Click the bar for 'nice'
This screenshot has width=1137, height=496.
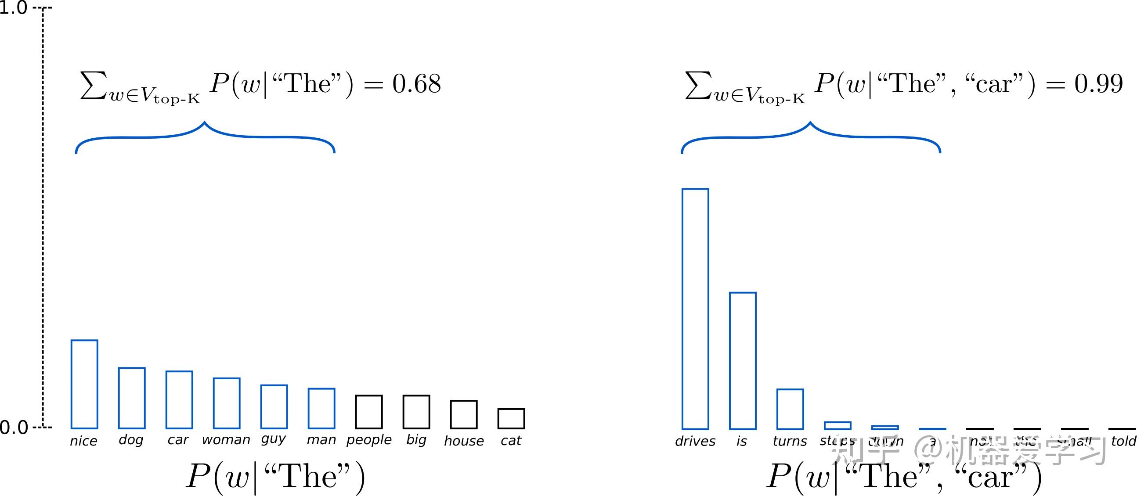pyautogui.click(x=84, y=384)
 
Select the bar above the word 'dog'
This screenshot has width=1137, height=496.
pyautogui.click(x=132, y=398)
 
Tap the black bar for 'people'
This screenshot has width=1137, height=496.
pyautogui.click(x=369, y=412)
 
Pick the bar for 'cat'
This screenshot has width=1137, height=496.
pyautogui.click(x=511, y=418)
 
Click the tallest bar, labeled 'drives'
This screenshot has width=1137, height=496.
pyautogui.click(x=695, y=309)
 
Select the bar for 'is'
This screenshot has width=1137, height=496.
pyautogui.click(x=743, y=360)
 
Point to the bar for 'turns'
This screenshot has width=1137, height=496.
pyautogui.click(x=790, y=409)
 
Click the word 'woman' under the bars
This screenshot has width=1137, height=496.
pyautogui.click(x=226, y=440)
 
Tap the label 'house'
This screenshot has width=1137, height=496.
pyautogui.click(x=463, y=441)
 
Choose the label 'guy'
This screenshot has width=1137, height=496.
pyautogui.click(x=274, y=439)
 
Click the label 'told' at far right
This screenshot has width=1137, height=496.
pyautogui.click(x=1123, y=441)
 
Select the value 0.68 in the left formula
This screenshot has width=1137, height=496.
pyautogui.click(x=416, y=84)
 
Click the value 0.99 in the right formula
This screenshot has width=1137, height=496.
pyautogui.click(x=1099, y=84)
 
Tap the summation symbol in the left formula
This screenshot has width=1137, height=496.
pyautogui.click(x=94, y=85)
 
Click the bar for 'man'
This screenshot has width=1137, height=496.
pyautogui.click(x=321, y=408)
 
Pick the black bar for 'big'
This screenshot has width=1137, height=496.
pyautogui.click(x=416, y=412)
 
